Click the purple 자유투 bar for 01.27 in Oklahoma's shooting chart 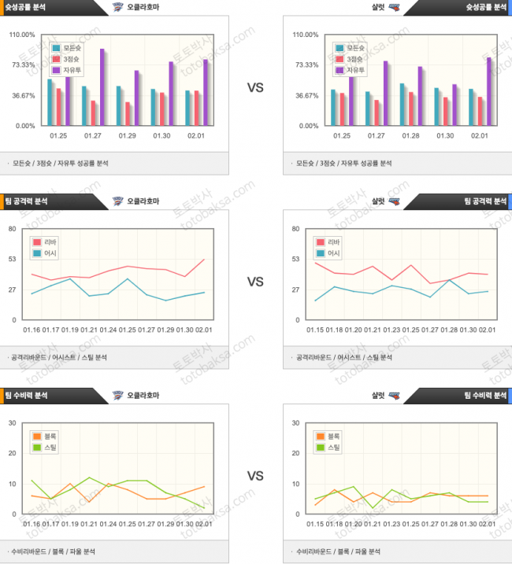point(102,87)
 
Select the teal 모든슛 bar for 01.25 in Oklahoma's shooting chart point(50,102)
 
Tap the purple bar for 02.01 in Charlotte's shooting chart point(488,91)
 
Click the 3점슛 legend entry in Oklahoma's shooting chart point(65,59)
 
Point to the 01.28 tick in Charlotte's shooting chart point(411,136)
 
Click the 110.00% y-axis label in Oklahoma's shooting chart point(21,35)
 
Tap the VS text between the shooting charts point(255,87)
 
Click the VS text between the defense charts point(255,476)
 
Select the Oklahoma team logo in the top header point(118,7)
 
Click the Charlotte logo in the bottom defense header point(395,396)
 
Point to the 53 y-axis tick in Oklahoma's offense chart point(13,260)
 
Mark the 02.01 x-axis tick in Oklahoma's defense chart point(204,524)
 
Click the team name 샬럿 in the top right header point(380,7)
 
